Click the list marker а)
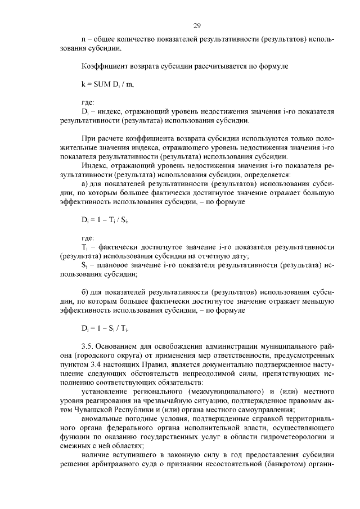[85, 183]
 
